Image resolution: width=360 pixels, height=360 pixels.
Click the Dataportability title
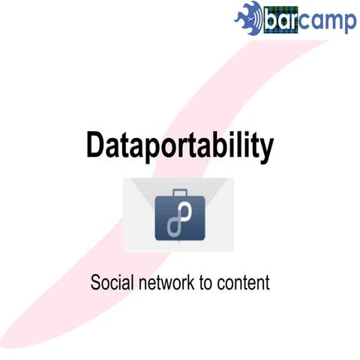pos(179,146)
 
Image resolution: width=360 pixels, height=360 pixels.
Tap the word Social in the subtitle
pos(109,284)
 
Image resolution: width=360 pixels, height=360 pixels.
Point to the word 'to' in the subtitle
pos(205,284)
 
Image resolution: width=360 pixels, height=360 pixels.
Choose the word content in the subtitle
pos(242,284)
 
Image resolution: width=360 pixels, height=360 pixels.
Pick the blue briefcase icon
pos(179,217)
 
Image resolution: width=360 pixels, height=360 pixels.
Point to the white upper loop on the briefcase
pos(184,213)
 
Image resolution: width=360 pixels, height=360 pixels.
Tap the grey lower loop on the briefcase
pos(174,227)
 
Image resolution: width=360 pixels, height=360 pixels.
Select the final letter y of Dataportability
pos(265,150)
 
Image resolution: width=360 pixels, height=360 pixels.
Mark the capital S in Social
pos(95,284)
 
